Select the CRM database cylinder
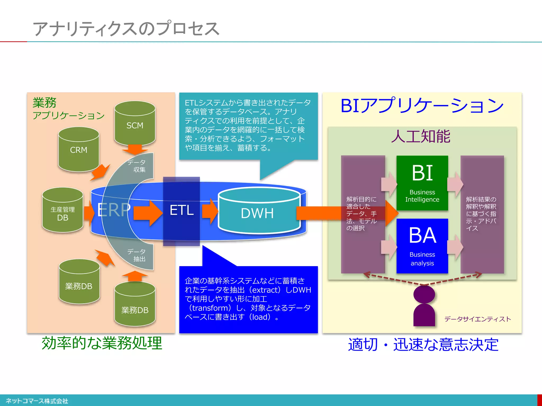pos(79,150)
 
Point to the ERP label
pos(114,210)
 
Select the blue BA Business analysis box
pos(422,246)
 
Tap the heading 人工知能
pos(421,137)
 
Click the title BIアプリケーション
pos(422,106)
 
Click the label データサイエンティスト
pos(477,319)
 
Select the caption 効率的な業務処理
pos(102,343)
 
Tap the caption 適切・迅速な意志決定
pos(423,345)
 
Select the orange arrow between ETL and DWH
pos(210,211)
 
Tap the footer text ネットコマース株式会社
pos(37,401)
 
